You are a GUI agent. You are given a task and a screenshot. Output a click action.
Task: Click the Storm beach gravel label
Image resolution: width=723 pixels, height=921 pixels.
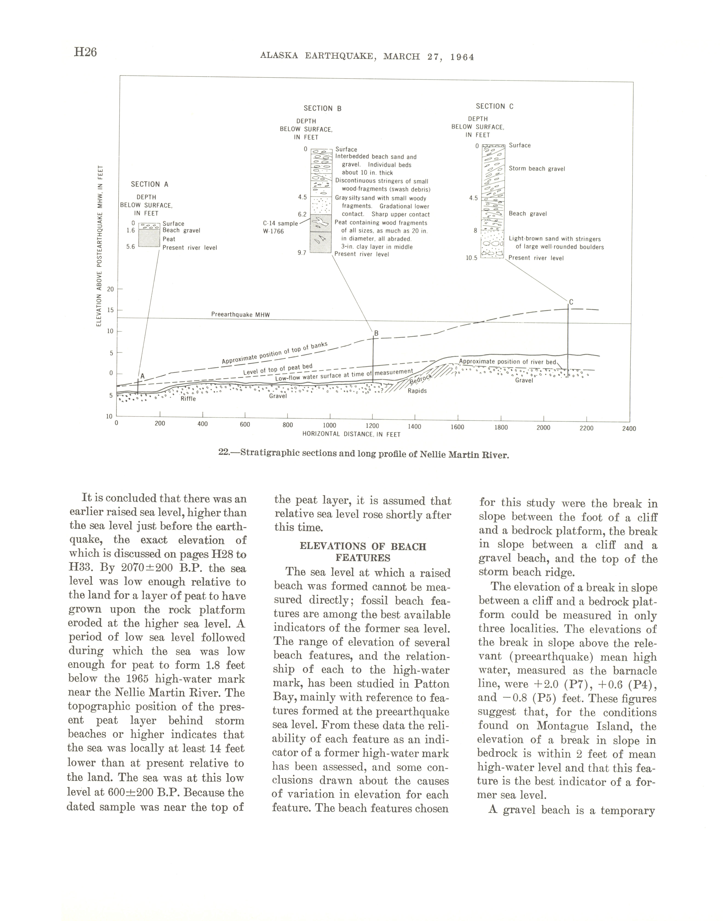coord(537,169)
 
